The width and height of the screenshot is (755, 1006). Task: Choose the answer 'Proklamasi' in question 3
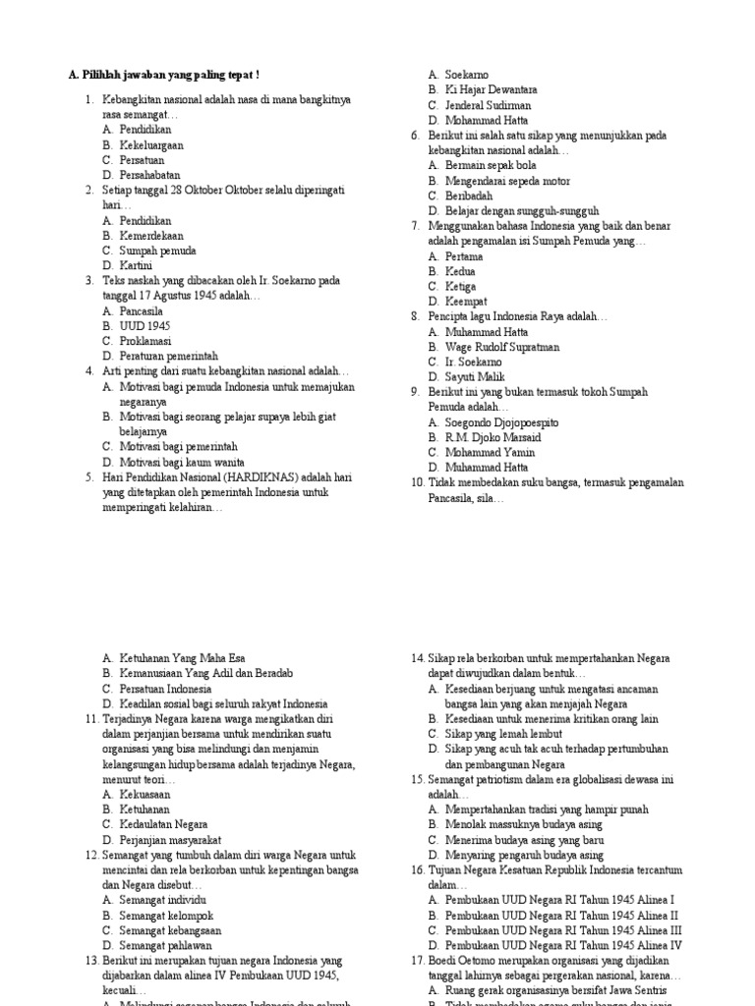point(145,341)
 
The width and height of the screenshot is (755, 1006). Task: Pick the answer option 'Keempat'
point(466,301)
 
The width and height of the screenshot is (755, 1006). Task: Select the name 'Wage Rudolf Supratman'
point(502,347)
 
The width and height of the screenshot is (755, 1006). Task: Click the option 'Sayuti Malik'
point(475,376)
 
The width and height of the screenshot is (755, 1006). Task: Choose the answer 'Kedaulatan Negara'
point(163,824)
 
